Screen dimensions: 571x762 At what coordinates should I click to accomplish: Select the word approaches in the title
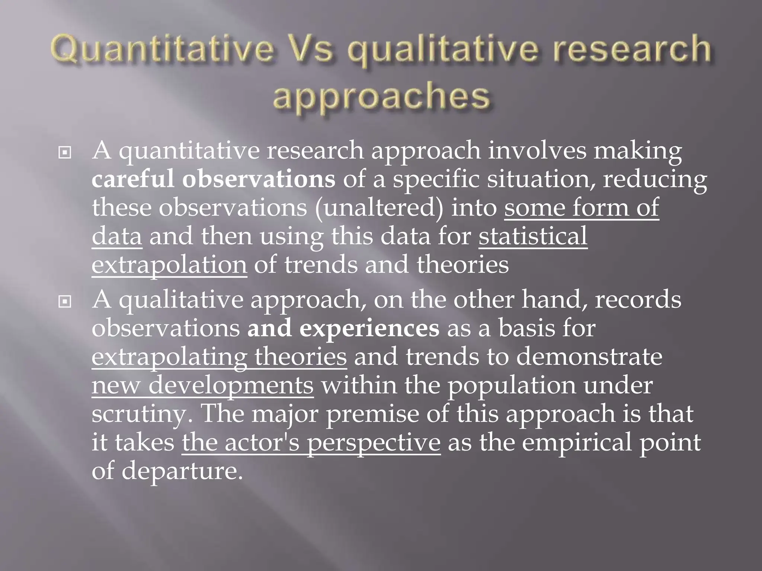coord(381,96)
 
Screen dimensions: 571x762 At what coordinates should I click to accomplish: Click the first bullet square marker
coord(65,152)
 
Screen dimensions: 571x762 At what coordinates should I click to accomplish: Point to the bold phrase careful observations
coord(213,179)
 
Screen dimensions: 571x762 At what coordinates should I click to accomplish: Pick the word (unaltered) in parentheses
coord(379,207)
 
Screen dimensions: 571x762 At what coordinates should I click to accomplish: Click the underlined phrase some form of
coord(582,207)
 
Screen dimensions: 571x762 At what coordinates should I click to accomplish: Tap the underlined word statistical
coord(533,236)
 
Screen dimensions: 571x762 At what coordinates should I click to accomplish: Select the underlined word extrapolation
coord(169,265)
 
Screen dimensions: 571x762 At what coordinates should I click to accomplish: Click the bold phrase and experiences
coord(343,328)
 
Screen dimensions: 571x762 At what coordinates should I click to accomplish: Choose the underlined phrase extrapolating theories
coord(219,357)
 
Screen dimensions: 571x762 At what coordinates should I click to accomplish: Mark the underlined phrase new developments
coord(203,385)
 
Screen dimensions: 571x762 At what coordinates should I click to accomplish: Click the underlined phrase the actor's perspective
coord(311,442)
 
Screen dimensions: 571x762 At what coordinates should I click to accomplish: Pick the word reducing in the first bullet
coord(654,179)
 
